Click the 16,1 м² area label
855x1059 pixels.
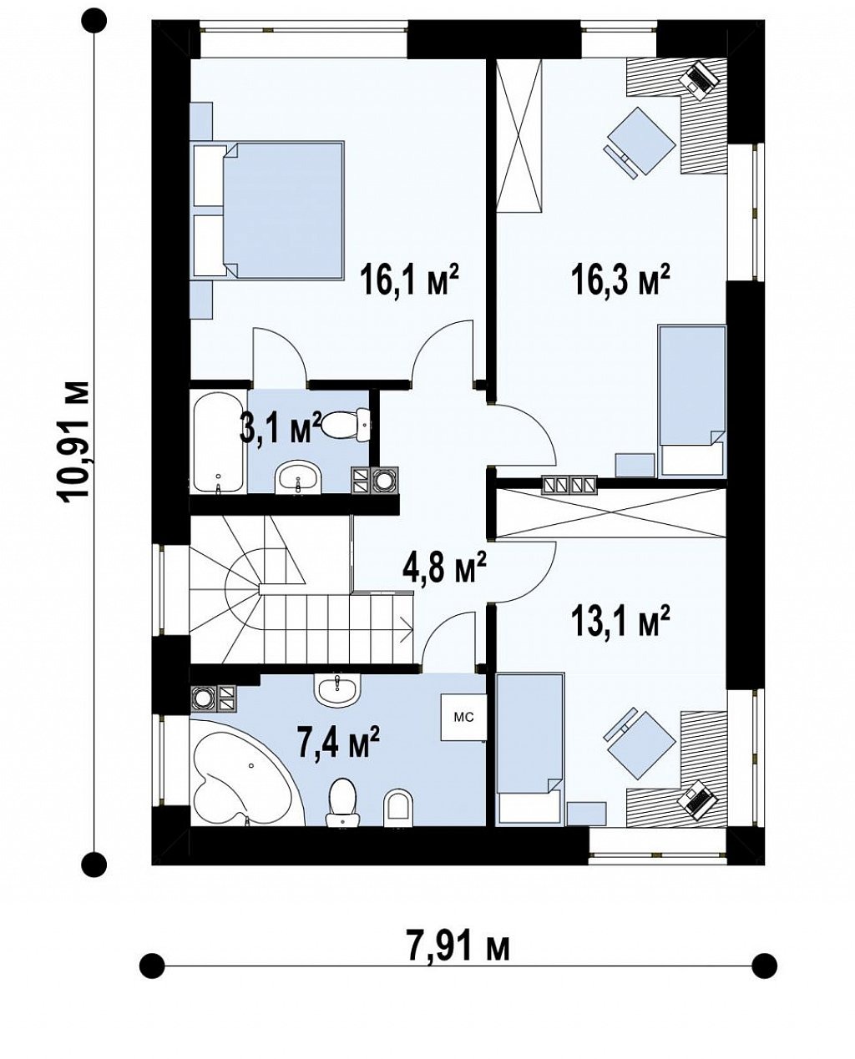(409, 280)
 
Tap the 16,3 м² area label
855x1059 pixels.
(620, 280)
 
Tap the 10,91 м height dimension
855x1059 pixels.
(75, 441)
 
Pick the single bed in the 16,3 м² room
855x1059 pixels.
(692, 401)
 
